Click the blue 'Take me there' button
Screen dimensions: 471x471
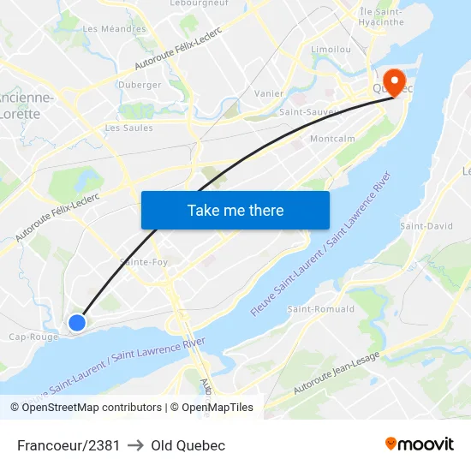click(235, 210)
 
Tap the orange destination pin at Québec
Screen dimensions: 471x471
click(395, 81)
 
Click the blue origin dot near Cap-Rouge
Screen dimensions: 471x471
click(77, 322)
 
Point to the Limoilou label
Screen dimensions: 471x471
click(331, 50)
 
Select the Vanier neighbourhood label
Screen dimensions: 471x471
click(269, 93)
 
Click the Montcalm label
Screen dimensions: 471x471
click(331, 139)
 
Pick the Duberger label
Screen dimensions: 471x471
click(140, 85)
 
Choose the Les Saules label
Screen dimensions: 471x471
click(128, 128)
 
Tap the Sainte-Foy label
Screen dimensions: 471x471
click(144, 262)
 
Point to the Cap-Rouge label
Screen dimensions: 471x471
click(33, 337)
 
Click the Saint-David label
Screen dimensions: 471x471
click(426, 226)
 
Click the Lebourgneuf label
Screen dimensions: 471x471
click(198, 4)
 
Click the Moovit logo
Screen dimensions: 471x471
click(420, 444)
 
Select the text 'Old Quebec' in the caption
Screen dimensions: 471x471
click(188, 445)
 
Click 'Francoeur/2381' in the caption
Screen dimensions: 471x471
click(69, 445)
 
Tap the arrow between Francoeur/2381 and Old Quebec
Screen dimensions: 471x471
click(135, 445)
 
